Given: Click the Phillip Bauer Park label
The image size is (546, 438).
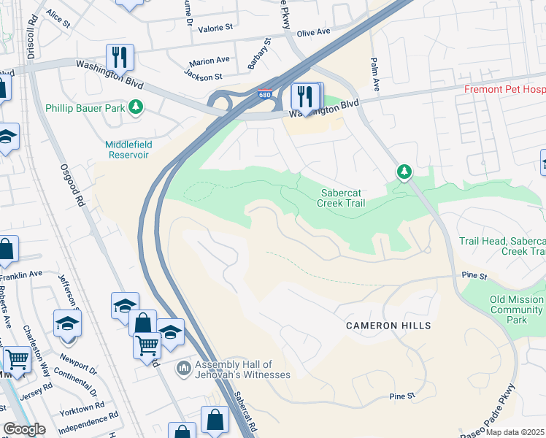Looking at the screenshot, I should tap(84, 108).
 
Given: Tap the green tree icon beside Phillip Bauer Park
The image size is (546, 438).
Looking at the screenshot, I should tap(135, 108).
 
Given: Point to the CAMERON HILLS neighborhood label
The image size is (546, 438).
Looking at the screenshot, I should tap(388, 326).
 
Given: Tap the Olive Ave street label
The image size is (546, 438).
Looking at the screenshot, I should tap(313, 32).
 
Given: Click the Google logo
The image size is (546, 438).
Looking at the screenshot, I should tap(24, 429).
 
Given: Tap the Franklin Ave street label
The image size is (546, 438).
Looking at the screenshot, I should tap(21, 274).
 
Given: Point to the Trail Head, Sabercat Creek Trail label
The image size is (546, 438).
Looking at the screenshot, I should tap(502, 246).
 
